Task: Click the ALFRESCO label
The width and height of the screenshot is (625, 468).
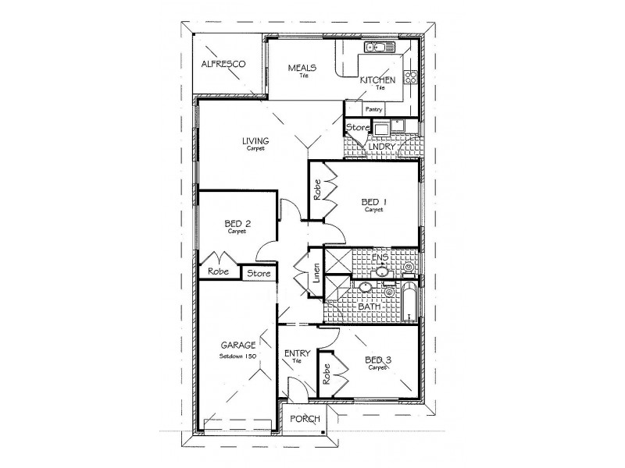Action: (x=223, y=64)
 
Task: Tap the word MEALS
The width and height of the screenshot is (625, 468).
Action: (x=301, y=67)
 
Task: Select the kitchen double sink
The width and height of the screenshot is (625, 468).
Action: (x=381, y=48)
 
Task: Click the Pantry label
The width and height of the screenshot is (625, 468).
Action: (x=373, y=109)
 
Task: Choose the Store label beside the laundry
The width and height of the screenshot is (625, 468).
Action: (x=357, y=126)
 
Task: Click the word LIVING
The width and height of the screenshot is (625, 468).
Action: (x=255, y=141)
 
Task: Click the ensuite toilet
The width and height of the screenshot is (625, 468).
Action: (x=409, y=268)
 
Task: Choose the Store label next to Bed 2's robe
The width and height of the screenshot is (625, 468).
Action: (x=259, y=273)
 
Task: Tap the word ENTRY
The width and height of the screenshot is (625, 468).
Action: (x=298, y=353)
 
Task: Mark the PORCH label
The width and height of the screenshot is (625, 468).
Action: (x=305, y=419)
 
